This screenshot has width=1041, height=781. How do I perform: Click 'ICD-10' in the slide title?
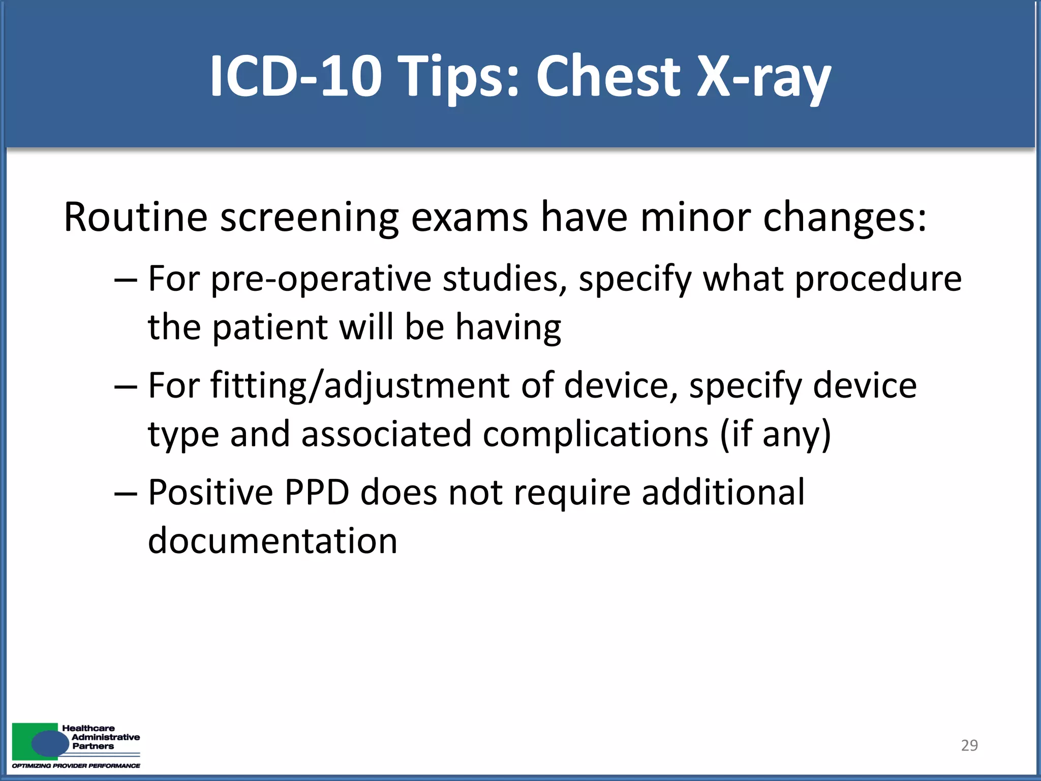(x=295, y=76)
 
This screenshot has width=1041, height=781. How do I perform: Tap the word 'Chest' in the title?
(x=607, y=76)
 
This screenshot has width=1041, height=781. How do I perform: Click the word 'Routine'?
(x=135, y=217)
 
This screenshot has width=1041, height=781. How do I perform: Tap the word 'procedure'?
(x=878, y=280)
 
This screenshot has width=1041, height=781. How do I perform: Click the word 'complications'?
(x=595, y=435)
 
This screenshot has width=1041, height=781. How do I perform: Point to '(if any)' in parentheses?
(x=776, y=435)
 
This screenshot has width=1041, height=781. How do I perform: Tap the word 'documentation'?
(x=272, y=540)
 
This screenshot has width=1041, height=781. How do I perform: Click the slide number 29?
(x=969, y=745)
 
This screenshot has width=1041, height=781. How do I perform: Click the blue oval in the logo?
(x=50, y=744)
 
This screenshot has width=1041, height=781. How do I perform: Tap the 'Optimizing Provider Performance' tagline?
(x=76, y=766)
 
